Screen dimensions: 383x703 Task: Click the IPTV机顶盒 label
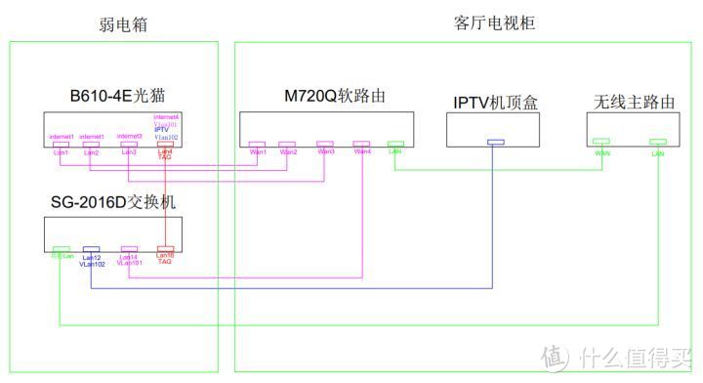click(494, 102)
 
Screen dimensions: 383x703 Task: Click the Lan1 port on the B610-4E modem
click(61, 145)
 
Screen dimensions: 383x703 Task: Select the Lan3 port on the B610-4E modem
click(128, 145)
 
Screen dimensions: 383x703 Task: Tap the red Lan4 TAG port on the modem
click(165, 145)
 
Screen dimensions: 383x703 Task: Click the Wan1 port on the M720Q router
click(258, 144)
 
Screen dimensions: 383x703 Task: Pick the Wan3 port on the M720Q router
click(324, 144)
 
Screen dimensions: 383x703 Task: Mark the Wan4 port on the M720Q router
click(362, 144)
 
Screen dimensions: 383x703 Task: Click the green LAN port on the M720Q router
click(395, 144)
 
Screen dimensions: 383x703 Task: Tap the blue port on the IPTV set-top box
click(496, 144)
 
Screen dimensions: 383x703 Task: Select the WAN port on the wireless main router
click(600, 144)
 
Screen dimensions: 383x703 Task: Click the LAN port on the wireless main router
click(659, 144)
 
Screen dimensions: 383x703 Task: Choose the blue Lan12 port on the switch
click(92, 250)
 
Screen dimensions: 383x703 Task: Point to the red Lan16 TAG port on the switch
click(165, 250)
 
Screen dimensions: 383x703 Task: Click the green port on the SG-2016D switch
click(62, 250)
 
